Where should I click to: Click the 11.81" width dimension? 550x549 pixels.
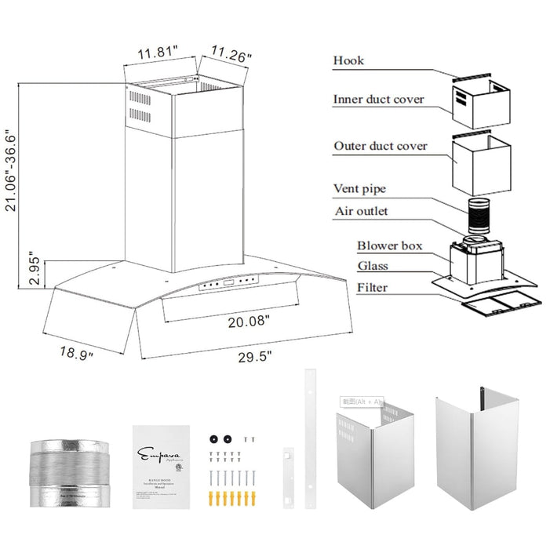point(158,53)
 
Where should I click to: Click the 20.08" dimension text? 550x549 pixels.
point(247,321)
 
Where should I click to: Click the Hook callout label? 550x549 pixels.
point(348,60)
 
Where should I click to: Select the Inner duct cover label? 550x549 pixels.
point(378,100)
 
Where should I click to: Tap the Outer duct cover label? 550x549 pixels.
point(381,146)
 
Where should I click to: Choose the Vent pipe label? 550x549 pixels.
point(359,189)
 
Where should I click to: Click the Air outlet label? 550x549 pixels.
point(361,211)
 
